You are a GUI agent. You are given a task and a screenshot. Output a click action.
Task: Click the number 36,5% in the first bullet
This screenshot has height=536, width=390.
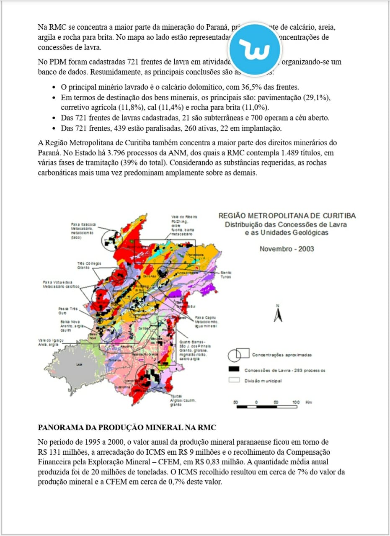pyautogui.click(x=252, y=88)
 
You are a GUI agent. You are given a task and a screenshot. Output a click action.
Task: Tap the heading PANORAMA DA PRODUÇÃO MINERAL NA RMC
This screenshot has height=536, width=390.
pyautogui.click(x=127, y=428)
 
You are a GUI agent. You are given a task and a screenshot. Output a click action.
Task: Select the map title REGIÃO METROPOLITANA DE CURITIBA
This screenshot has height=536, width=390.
pyautogui.click(x=287, y=216)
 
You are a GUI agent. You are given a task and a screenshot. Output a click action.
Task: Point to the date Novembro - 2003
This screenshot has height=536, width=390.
pyautogui.click(x=287, y=249)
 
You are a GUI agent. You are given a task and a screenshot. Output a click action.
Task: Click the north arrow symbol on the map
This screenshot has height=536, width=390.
pyautogui.click(x=277, y=314)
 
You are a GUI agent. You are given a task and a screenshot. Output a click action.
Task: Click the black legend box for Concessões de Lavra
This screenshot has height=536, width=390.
pyautogui.click(x=233, y=369)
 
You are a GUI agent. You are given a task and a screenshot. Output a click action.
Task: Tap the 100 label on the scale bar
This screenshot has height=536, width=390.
pyautogui.click(x=296, y=402)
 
